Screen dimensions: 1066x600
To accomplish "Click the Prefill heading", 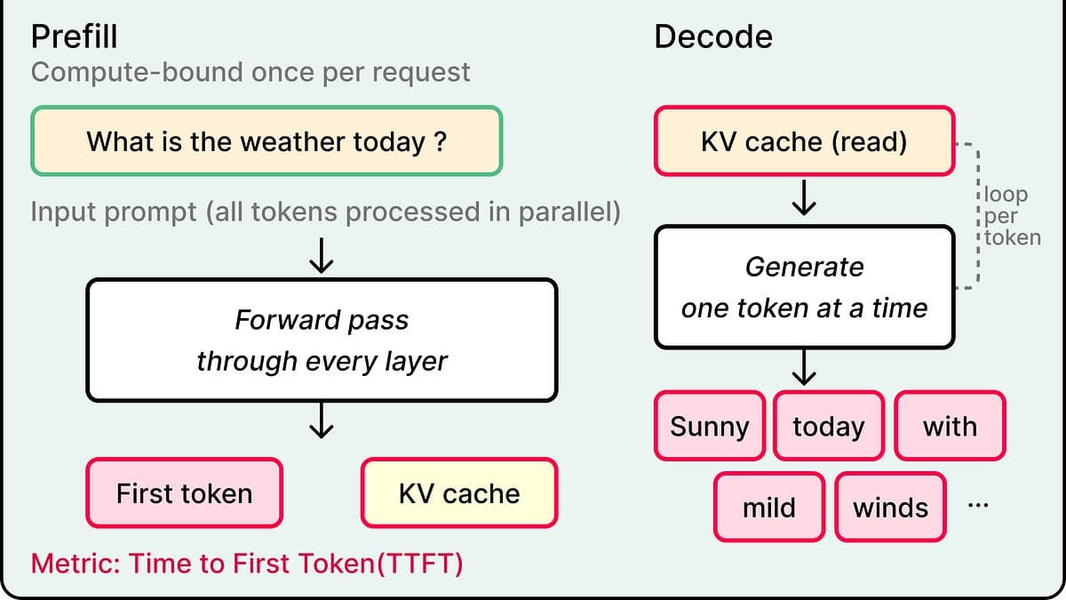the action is [x=75, y=36].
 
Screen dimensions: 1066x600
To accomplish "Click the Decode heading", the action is [x=713, y=36].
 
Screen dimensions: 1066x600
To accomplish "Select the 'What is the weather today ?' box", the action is [x=266, y=141].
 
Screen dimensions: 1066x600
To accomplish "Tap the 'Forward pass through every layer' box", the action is [x=322, y=340].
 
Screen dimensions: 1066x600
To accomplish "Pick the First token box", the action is [x=184, y=492].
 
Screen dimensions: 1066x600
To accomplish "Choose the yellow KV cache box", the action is [x=459, y=492].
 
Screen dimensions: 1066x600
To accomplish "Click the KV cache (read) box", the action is [x=804, y=141].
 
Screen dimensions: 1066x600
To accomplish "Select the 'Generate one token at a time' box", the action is [x=804, y=287].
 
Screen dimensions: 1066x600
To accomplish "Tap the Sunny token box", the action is [x=710, y=426].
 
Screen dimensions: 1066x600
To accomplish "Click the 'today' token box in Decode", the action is [x=829, y=426].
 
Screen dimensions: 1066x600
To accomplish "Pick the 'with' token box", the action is [x=950, y=426].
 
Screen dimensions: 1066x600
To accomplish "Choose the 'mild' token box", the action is [x=769, y=508].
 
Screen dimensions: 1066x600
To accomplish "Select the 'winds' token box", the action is [x=890, y=508].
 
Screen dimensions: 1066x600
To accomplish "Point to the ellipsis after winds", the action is [x=978, y=505].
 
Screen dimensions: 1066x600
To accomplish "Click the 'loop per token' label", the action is [x=1012, y=216].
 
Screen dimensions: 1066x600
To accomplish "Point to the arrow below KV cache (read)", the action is [x=804, y=197].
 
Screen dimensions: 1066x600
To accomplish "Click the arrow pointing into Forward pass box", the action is [x=322, y=256].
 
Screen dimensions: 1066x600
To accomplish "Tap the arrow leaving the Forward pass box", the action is [x=322, y=420].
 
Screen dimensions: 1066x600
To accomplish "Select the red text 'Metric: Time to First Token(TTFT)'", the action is [x=247, y=564].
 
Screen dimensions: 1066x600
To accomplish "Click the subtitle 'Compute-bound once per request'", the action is [x=251, y=72].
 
